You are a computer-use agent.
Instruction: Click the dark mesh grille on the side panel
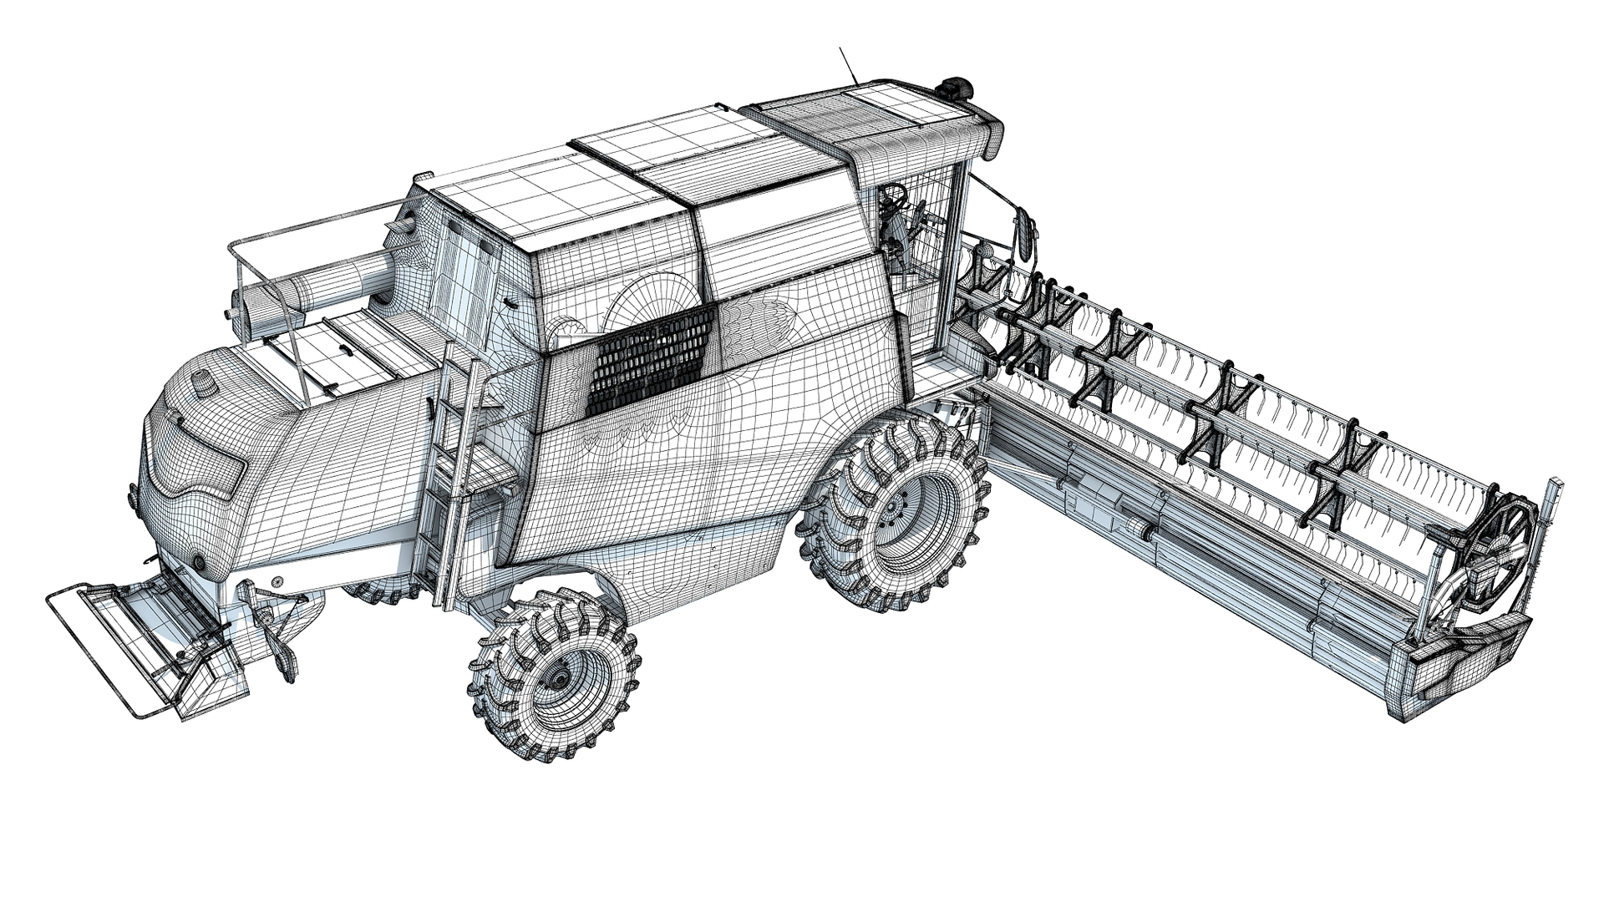tap(652, 359)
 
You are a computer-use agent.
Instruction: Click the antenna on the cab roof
tap(849, 64)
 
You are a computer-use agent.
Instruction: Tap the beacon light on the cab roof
tap(957, 87)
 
